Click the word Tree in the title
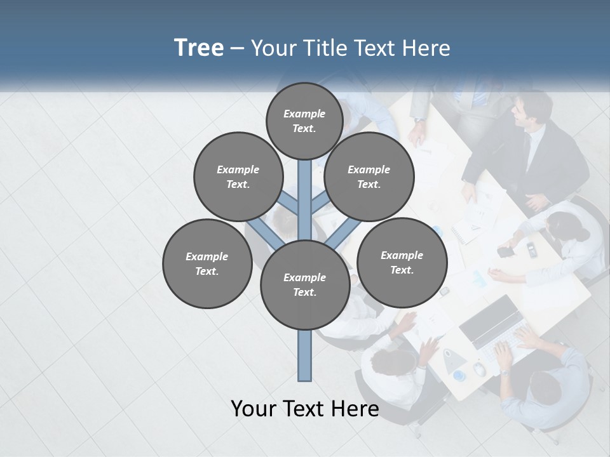(x=199, y=48)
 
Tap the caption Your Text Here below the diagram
(x=305, y=409)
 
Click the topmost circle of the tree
(x=304, y=121)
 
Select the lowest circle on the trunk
(x=305, y=285)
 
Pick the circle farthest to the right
(x=402, y=263)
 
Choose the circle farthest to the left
(x=207, y=264)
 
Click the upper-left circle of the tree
(x=238, y=177)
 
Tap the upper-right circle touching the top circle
(x=369, y=177)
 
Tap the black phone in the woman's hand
(x=505, y=252)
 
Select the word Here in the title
(x=428, y=48)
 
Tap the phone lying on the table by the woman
(x=532, y=249)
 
